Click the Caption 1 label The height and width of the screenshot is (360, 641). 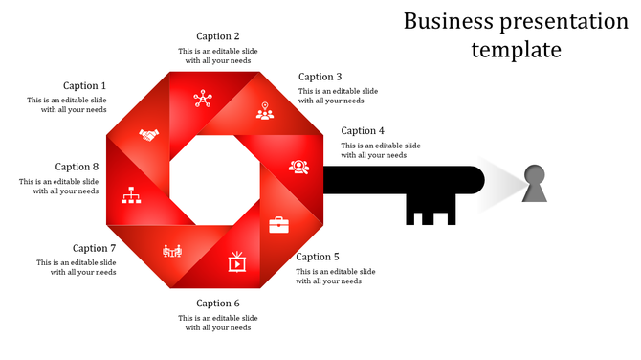point(85,86)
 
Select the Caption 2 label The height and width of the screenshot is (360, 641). point(218,37)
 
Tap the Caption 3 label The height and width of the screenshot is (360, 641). point(320,77)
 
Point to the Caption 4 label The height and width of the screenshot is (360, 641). point(363,131)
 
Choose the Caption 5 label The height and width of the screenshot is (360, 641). point(318,257)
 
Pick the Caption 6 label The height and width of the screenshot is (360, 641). point(218,304)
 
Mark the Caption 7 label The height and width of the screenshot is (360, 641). point(94,248)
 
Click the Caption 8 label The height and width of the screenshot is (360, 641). point(77,167)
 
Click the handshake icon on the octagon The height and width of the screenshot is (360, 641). point(148,136)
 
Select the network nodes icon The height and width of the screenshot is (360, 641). point(202,98)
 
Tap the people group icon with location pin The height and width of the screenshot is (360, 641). point(265,111)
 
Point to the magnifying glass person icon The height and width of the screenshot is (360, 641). point(299,167)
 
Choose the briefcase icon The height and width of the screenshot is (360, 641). point(278,225)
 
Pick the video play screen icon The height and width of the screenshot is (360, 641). point(236,259)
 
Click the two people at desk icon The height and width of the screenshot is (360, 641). point(172,251)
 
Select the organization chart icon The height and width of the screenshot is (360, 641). point(132,197)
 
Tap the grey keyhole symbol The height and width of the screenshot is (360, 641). point(535,183)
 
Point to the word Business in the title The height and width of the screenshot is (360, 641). point(450,21)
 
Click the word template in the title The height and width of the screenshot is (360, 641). point(516,50)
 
